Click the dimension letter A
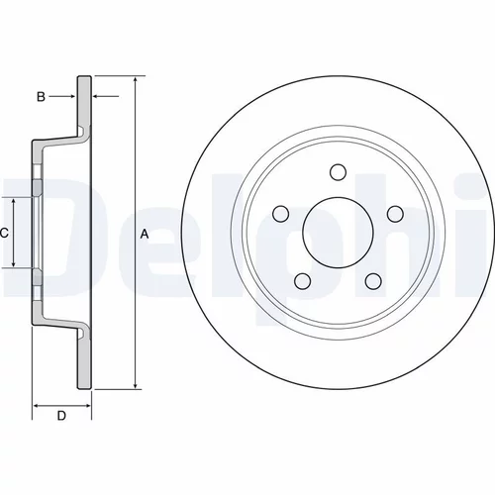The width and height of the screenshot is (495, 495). [x=145, y=234]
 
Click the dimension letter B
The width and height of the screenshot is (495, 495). [x=41, y=97]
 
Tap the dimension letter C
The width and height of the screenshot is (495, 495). [x=4, y=234]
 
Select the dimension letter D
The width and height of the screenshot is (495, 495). [x=61, y=416]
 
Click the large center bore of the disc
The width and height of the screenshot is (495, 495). [x=338, y=233]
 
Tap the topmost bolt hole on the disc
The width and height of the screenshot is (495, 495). [x=338, y=172]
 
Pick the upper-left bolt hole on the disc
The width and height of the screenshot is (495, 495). [x=281, y=214]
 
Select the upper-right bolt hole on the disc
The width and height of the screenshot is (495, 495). [x=395, y=214]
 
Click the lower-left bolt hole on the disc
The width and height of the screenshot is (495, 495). [x=303, y=281]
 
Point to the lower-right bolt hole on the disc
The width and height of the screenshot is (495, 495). [x=373, y=281]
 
